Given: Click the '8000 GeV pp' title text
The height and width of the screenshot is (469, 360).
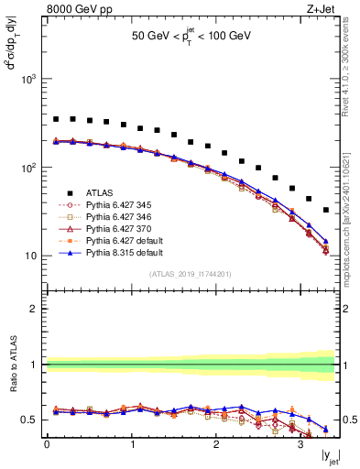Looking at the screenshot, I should (x=76, y=10).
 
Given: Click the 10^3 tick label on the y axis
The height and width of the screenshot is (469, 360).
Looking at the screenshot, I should (x=27, y=80).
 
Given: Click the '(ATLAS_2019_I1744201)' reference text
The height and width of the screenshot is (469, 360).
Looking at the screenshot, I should (x=190, y=274).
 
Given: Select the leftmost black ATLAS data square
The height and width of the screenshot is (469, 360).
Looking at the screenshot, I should (x=56, y=119).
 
